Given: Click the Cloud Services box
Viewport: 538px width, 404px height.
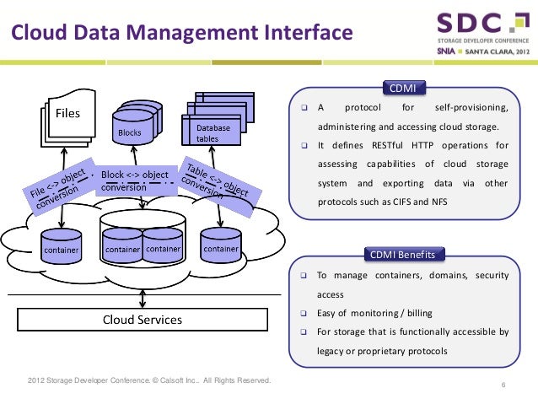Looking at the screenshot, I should (x=143, y=320).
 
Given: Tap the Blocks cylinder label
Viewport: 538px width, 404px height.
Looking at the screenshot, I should (x=129, y=133).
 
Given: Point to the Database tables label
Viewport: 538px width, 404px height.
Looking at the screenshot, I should (x=213, y=132).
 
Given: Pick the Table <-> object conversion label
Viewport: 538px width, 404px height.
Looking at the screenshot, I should (x=215, y=179).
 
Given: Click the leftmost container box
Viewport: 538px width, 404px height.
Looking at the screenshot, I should (x=62, y=250).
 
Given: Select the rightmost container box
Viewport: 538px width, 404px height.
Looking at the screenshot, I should (x=221, y=249).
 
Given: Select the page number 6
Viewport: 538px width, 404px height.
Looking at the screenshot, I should (x=503, y=386).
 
